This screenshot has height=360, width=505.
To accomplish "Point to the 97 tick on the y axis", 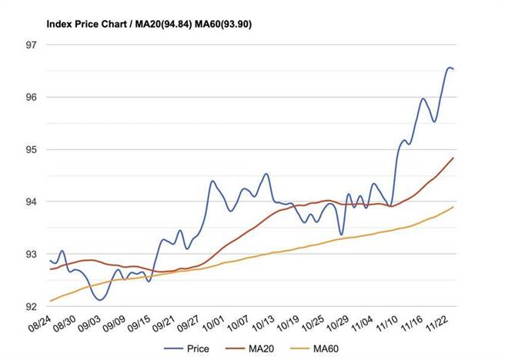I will click(x=32, y=45).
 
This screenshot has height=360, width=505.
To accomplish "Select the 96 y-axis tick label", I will click(x=32, y=97).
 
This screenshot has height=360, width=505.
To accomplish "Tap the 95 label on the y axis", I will click(x=32, y=149).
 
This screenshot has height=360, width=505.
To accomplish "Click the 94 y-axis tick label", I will click(x=32, y=202).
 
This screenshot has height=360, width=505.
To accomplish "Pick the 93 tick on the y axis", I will click(x=32, y=254).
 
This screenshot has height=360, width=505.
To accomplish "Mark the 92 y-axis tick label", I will click(x=32, y=306).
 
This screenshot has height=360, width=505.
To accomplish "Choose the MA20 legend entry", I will click(x=259, y=348).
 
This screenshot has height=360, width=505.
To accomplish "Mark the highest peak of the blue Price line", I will click(x=450, y=68).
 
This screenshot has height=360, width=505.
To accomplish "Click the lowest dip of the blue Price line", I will click(x=99, y=300).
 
